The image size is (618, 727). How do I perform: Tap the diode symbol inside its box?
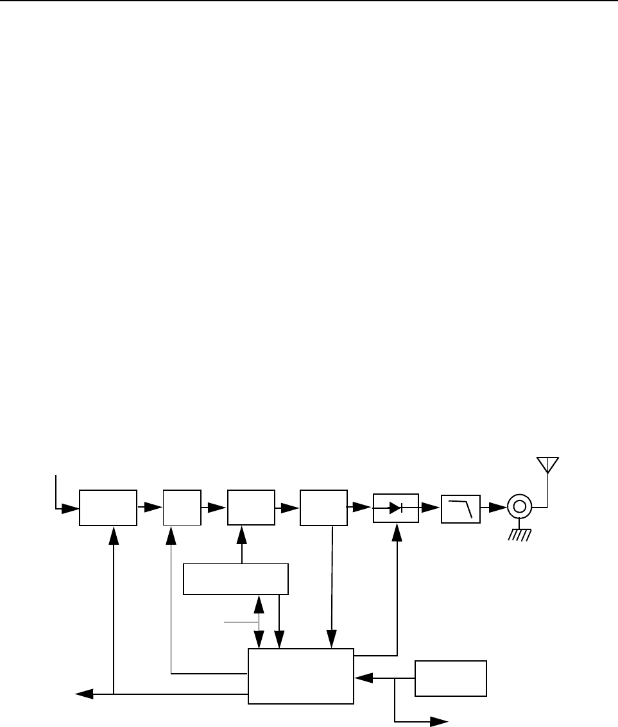396,508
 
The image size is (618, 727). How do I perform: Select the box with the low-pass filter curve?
460,508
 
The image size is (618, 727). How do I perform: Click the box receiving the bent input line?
108,508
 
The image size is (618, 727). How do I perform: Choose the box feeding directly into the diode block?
323,508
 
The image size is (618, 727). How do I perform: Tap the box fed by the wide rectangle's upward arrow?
250,508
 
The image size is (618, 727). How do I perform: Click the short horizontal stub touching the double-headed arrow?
241,622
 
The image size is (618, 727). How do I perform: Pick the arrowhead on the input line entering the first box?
71,510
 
